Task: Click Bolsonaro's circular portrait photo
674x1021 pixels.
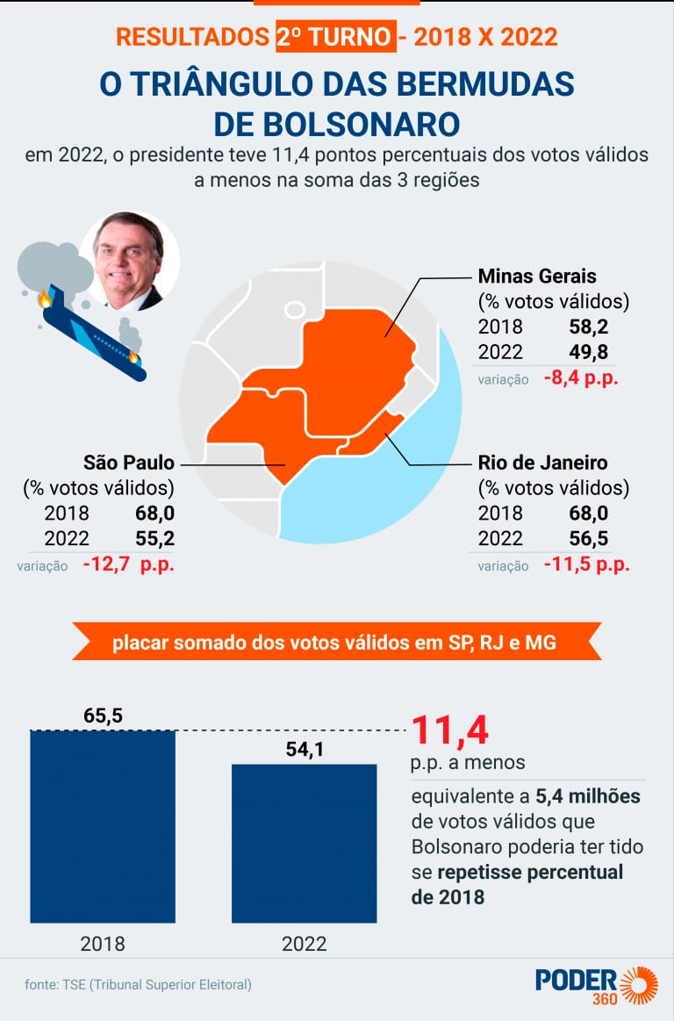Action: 130,260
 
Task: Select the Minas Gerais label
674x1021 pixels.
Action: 537,277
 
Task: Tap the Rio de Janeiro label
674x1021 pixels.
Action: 542,463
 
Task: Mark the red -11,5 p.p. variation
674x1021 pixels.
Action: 586,564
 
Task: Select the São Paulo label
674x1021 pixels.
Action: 128,463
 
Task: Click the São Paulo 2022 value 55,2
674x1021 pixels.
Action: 154,538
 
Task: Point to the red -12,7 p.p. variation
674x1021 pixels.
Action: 128,564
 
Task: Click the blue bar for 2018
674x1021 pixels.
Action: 103,825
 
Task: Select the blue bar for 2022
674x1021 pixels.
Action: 305,843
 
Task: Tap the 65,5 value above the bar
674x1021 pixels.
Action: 103,715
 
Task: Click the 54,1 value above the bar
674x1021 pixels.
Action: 305,750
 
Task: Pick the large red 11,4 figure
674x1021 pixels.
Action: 449,730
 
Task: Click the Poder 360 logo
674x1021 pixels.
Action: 596,984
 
